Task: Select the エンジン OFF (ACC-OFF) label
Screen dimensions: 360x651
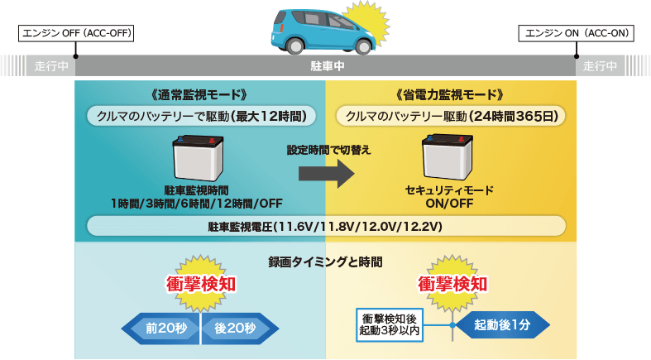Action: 75,33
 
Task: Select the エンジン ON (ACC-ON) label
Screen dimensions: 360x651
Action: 577,33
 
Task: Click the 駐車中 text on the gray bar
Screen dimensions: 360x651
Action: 326,66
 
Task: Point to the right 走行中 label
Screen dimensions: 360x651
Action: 600,66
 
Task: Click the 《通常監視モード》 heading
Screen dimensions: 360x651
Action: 200,94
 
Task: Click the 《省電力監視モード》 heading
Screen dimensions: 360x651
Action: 450,94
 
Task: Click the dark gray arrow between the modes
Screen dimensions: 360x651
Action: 325,172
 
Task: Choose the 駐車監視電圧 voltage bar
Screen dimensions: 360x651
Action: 326,226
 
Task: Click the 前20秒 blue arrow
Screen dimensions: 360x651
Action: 164,328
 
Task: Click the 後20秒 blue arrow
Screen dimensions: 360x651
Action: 235,328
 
